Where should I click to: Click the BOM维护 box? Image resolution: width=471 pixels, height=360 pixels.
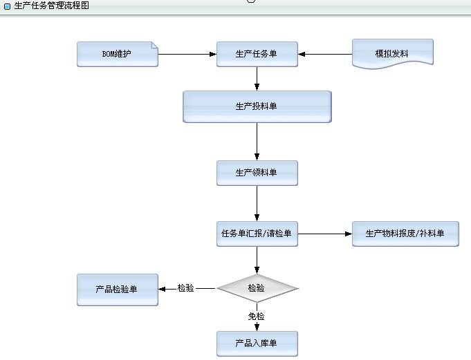click(x=118, y=55)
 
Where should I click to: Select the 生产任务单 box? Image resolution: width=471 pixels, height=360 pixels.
click(x=257, y=55)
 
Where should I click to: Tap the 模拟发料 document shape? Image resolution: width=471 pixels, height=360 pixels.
click(x=392, y=53)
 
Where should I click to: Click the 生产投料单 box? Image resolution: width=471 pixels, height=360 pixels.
click(x=257, y=106)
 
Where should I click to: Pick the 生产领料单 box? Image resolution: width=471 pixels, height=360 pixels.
click(x=257, y=173)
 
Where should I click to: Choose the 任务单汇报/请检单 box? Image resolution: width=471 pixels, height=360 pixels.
click(x=257, y=234)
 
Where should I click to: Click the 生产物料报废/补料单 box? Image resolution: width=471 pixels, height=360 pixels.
click(x=405, y=234)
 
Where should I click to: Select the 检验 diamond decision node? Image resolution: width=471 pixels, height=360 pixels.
click(x=257, y=288)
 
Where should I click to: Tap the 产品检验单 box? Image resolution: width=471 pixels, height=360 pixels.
click(x=118, y=289)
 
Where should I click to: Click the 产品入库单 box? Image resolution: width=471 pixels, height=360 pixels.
click(x=257, y=343)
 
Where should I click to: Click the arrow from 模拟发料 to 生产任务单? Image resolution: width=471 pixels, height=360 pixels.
click(x=325, y=54)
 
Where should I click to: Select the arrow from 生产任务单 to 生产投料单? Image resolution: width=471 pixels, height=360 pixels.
click(x=257, y=79)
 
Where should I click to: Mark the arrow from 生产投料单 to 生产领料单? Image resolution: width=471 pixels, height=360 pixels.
click(x=257, y=142)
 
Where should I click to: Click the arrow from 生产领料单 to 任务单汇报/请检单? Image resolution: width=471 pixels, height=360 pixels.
click(x=257, y=204)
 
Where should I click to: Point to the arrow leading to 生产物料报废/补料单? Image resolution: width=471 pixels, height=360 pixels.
click(x=324, y=234)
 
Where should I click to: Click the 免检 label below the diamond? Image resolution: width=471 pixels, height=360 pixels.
click(x=257, y=316)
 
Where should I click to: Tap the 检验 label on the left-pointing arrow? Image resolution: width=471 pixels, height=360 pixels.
click(x=186, y=288)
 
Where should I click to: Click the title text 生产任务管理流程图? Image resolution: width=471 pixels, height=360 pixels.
click(x=51, y=5)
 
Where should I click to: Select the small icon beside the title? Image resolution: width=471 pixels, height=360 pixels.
click(x=7, y=6)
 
